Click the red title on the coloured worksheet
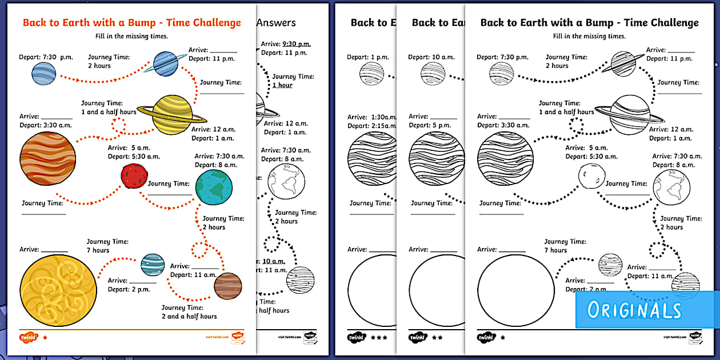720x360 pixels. pyautogui.click(x=131, y=23)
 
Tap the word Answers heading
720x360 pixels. pyautogui.click(x=276, y=23)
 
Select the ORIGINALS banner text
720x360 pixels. pyautogui.click(x=634, y=310)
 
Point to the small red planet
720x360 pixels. pyautogui.click(x=134, y=175)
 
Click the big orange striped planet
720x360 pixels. pyautogui.click(x=47, y=159)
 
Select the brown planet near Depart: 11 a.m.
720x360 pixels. pyautogui.click(x=228, y=286)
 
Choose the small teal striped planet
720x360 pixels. pyautogui.click(x=153, y=265)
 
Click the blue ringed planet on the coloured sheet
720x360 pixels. pyautogui.click(x=166, y=63)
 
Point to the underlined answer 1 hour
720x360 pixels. pyautogui.click(x=282, y=85)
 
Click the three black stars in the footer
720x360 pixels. pyautogui.click(x=379, y=337)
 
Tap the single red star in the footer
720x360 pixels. pyautogui.click(x=45, y=337)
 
